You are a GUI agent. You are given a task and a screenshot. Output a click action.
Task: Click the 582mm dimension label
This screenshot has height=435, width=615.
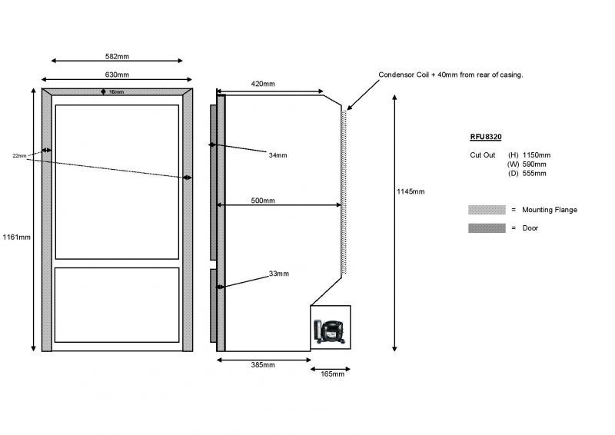(x=117, y=56)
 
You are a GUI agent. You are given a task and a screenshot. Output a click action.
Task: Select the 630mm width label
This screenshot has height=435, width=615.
(x=117, y=75)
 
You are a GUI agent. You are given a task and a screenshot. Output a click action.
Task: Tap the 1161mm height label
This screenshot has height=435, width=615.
(x=16, y=237)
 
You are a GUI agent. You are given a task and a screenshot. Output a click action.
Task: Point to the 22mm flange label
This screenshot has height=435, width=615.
(x=19, y=156)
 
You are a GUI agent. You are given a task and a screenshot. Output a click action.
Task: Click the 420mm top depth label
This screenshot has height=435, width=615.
(x=263, y=84)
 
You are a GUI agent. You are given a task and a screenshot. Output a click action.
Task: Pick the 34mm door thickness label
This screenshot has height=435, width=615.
(x=278, y=155)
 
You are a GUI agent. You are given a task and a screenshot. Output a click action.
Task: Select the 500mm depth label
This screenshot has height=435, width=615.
(x=263, y=201)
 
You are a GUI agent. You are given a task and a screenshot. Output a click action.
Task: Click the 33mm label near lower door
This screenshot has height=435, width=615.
(x=279, y=274)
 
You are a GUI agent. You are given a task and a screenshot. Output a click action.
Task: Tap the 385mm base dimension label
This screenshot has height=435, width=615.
(x=263, y=365)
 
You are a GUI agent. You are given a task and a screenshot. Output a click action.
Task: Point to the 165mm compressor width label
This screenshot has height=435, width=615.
(x=333, y=374)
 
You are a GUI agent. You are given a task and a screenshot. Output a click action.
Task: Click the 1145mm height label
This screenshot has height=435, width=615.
(x=411, y=191)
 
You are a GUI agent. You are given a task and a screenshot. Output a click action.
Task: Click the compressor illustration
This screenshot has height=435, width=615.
(x=329, y=332)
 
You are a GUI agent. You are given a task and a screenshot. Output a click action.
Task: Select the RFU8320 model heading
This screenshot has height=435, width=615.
(x=486, y=137)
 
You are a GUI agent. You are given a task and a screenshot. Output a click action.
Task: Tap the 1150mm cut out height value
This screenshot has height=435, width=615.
(x=536, y=155)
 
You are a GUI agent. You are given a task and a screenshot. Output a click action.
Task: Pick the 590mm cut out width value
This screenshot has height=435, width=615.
(x=534, y=164)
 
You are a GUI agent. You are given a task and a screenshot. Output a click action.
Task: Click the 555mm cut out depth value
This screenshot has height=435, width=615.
(x=534, y=174)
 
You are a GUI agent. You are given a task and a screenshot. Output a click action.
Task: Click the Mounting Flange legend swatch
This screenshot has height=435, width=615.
(x=487, y=210)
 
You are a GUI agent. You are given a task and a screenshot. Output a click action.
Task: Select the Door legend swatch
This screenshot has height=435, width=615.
(x=487, y=228)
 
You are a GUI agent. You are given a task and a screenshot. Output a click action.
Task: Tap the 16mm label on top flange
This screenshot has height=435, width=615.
(x=117, y=91)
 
